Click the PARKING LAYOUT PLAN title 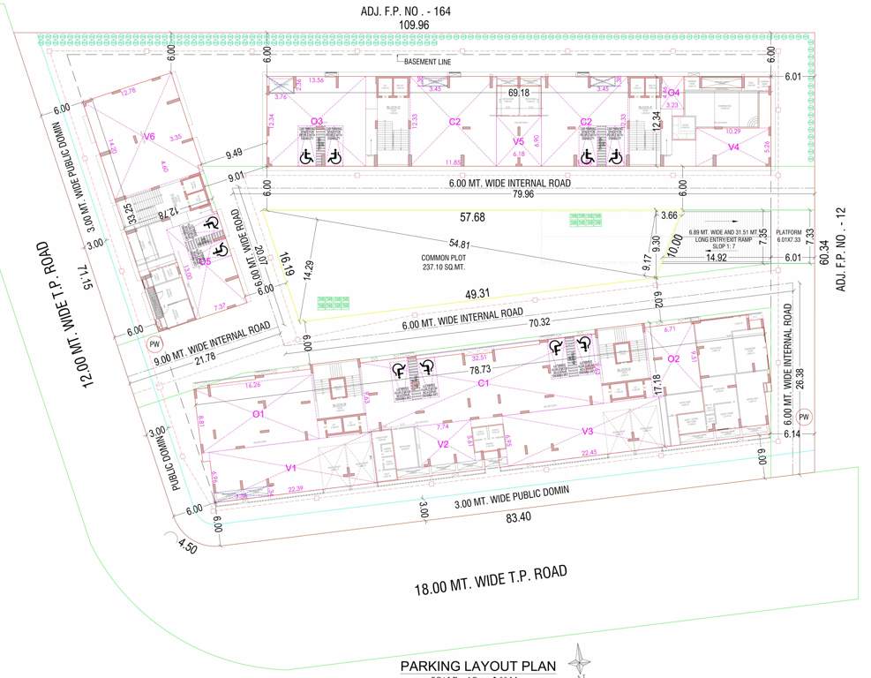pyautogui.click(x=477, y=666)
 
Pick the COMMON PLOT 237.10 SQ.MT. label pyautogui.click(x=437, y=262)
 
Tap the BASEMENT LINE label pyautogui.click(x=427, y=62)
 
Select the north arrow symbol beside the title pyautogui.click(x=580, y=660)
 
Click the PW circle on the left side pyautogui.click(x=155, y=344)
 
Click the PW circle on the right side pyautogui.click(x=803, y=417)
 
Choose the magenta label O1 pyautogui.click(x=259, y=413)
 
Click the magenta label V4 pyautogui.click(x=733, y=147)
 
